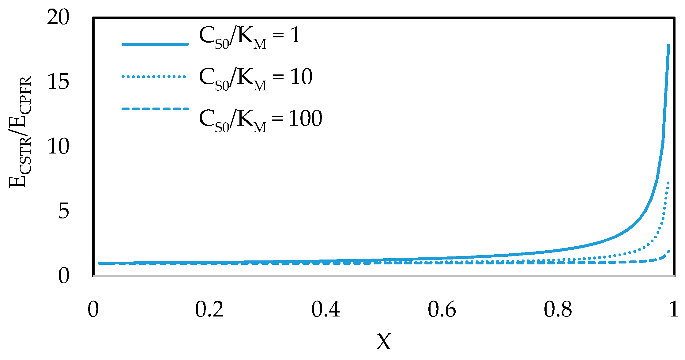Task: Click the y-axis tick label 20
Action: click(x=58, y=17)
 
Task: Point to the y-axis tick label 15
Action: click(x=58, y=82)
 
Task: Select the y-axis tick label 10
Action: click(x=58, y=146)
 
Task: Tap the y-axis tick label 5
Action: click(x=64, y=211)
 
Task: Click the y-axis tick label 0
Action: click(x=64, y=275)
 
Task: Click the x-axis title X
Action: click(x=384, y=342)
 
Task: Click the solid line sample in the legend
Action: click(x=155, y=44)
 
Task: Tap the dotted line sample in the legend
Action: click(x=154, y=77)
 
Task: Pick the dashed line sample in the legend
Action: click(x=155, y=109)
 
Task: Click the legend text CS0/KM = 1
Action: click(x=250, y=37)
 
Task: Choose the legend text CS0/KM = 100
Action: click(x=261, y=120)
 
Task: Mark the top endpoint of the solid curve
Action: click(x=668, y=46)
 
